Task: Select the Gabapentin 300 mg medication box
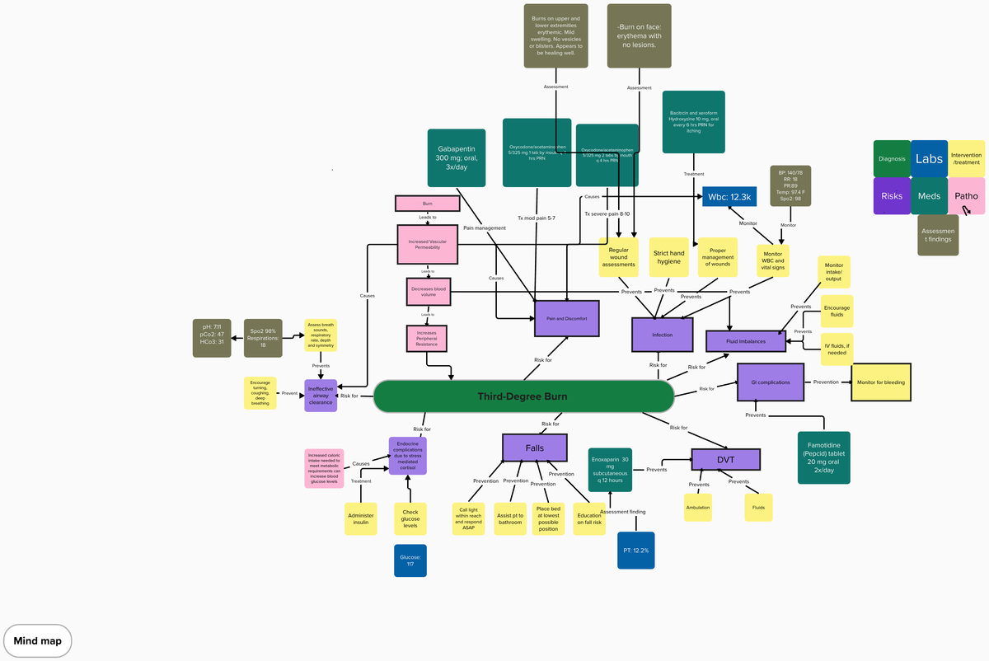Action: (457, 157)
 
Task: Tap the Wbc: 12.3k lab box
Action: (729, 197)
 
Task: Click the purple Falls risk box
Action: (535, 448)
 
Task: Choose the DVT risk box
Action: (724, 460)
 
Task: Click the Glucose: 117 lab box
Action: (410, 560)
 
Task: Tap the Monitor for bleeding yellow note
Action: (882, 382)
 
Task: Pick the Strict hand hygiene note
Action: (668, 257)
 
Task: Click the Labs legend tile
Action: (929, 159)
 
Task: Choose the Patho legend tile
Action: (966, 196)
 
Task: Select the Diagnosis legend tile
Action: (892, 159)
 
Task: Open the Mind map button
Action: (38, 640)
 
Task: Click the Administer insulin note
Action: (361, 519)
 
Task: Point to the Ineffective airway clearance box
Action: (321, 396)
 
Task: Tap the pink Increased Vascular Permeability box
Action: (427, 245)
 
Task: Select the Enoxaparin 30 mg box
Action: (609, 470)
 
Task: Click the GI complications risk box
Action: (771, 383)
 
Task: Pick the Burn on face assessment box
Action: (639, 35)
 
